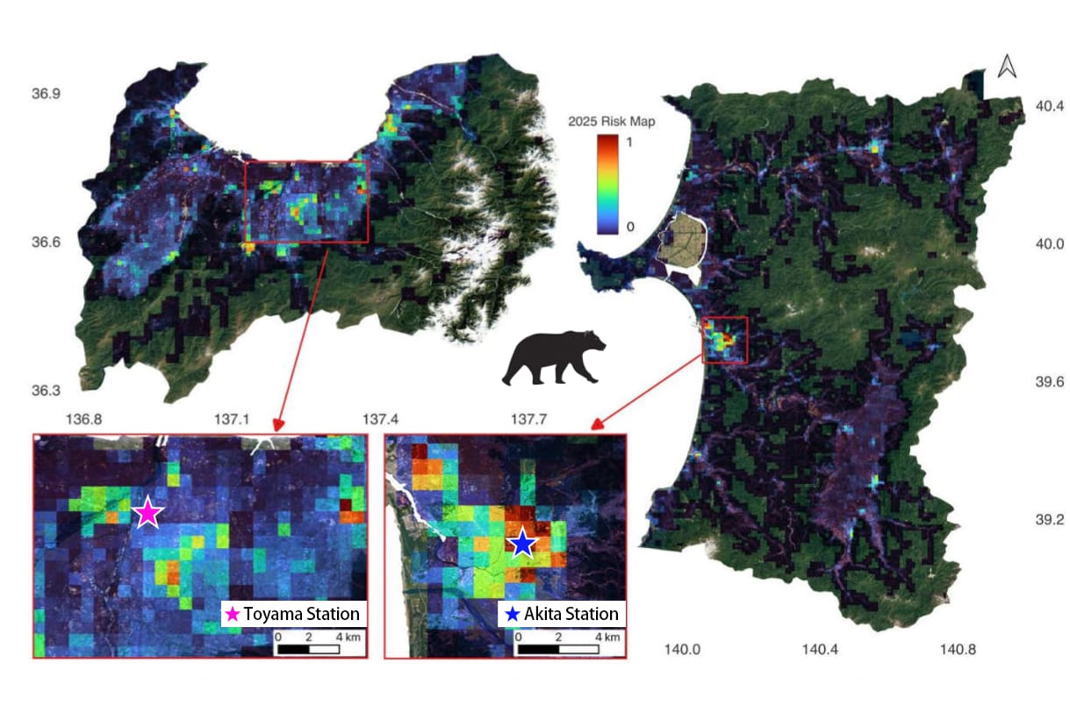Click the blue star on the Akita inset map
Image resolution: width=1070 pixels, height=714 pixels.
[x=522, y=544]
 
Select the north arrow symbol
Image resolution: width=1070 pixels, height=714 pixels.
[x=1007, y=67]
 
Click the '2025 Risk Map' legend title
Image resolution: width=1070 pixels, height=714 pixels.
[x=613, y=122]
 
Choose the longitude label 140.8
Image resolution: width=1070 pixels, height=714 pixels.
[x=958, y=651]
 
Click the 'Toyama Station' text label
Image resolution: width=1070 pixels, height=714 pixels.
[x=301, y=614]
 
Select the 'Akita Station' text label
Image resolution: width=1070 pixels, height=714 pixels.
[x=571, y=614]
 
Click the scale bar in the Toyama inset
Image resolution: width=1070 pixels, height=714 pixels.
[x=308, y=649]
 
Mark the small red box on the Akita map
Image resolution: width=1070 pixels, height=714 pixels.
[x=725, y=340]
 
